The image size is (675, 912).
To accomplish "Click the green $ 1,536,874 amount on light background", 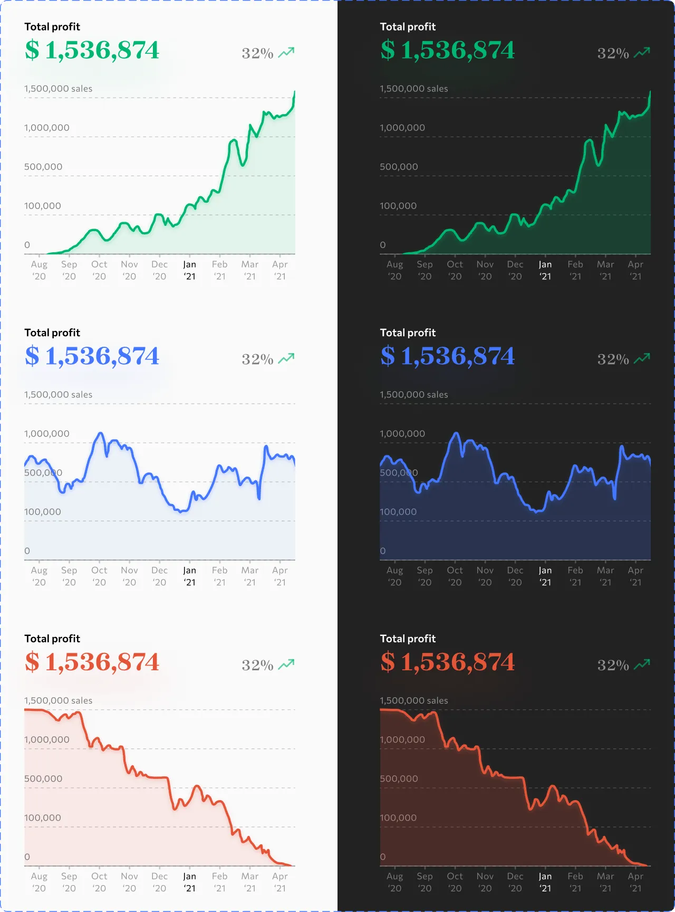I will (x=92, y=51).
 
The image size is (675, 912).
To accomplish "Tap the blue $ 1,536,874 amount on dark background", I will (x=447, y=356).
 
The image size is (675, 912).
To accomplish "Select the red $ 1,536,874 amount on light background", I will (x=92, y=662).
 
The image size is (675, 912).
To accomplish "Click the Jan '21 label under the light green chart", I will (x=189, y=270).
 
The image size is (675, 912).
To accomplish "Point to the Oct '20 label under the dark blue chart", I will (x=455, y=576).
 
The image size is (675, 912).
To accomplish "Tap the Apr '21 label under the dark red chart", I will (x=635, y=882).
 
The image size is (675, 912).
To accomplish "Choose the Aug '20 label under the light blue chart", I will (x=39, y=576).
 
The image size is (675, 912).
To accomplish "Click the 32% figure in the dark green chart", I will (x=613, y=53).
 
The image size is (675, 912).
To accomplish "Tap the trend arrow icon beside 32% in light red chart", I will (x=286, y=664).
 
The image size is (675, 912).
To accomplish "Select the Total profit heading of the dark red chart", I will (x=408, y=639).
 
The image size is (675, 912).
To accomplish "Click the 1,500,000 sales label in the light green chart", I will (x=58, y=89).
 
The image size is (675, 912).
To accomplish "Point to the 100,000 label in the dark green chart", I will (x=398, y=206).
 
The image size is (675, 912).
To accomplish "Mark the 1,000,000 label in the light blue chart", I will (x=46, y=434).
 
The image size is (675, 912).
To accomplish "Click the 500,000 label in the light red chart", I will (x=43, y=779).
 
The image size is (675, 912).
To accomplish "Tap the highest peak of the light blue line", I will (x=100, y=433).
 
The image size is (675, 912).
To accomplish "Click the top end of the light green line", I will (x=294, y=92).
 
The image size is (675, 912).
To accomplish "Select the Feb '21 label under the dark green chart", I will (x=575, y=270).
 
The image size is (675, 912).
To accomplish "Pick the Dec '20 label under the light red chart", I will (x=159, y=882).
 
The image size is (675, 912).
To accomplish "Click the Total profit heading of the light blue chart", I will (x=52, y=332).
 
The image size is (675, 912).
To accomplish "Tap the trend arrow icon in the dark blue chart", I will (x=642, y=358).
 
